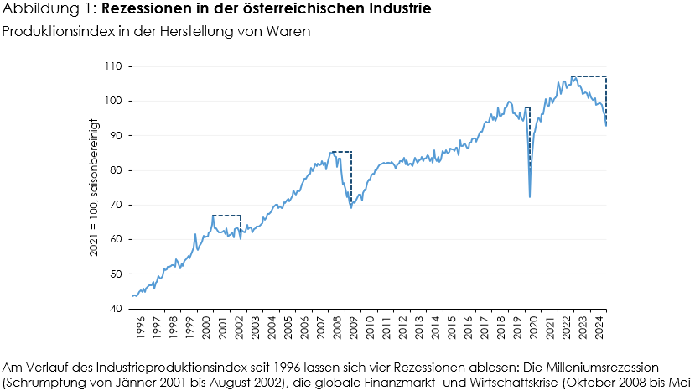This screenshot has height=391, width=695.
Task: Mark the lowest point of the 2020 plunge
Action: click(x=530, y=197)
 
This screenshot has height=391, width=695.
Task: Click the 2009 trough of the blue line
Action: click(x=350, y=207)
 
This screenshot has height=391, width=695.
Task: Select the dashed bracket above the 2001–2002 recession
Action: click(x=226, y=216)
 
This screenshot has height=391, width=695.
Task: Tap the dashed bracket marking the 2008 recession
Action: click(x=341, y=152)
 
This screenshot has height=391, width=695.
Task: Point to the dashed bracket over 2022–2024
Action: click(x=589, y=76)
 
